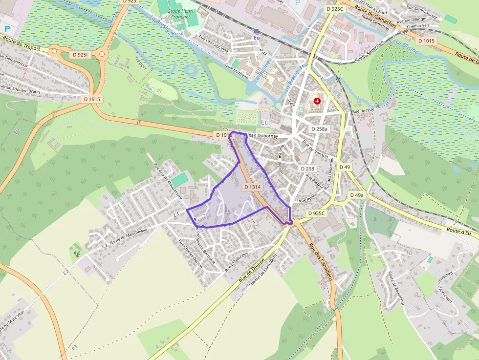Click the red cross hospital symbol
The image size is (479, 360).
tap(318, 101)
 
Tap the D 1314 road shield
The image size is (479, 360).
tap(252, 187)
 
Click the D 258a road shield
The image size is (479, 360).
tap(319, 128)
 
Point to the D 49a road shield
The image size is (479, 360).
tap(357, 195)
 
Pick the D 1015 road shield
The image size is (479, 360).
tap(426, 41)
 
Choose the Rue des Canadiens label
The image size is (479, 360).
tap(322, 261)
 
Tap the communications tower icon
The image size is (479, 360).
tap(76, 253)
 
